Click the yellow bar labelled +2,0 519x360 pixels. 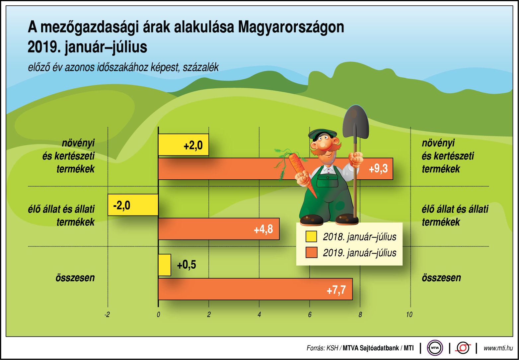[183, 145]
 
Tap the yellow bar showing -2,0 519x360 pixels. [133, 205]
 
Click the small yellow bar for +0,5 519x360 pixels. [165, 265]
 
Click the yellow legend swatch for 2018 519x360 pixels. [311, 236]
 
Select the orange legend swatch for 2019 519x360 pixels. [311, 253]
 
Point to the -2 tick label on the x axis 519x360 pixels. [107, 315]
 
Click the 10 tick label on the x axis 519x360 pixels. [409, 315]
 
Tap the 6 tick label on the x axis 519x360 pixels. [310, 315]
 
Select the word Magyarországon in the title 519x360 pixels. [291, 27]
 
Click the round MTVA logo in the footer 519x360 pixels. [435, 348]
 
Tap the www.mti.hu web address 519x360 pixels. [498, 348]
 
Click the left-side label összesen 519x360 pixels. [75, 278]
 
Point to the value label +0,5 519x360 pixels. [186, 265]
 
